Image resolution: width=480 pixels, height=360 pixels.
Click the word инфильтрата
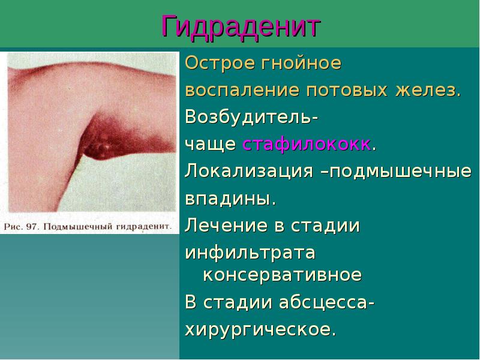tap(250, 253)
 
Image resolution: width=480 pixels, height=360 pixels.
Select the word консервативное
tap(282, 275)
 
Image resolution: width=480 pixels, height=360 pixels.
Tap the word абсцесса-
tap(328, 302)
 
